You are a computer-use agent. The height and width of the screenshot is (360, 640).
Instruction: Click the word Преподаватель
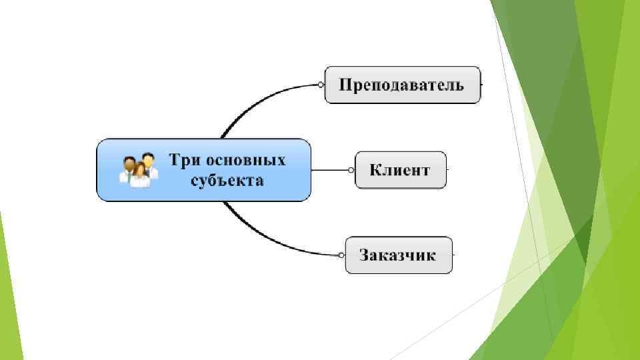click(401, 85)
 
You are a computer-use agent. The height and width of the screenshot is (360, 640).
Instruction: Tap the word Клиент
click(400, 169)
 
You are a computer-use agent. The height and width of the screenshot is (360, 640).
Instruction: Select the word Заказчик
click(397, 255)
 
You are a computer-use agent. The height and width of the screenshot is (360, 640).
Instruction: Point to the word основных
click(246, 160)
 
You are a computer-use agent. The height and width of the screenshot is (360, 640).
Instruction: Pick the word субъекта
click(227, 180)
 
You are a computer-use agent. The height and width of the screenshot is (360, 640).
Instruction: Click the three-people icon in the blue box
click(139, 170)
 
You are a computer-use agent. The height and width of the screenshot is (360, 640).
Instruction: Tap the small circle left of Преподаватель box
click(321, 85)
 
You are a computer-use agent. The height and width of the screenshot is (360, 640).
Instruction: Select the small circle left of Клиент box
click(351, 170)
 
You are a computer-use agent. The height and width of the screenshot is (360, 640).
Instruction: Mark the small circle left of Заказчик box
click(341, 255)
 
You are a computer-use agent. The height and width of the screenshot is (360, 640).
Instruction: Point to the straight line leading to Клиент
click(330, 170)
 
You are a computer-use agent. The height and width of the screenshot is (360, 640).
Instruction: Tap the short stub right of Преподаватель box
click(482, 85)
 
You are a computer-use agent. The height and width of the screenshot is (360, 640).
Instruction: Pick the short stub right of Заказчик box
click(454, 255)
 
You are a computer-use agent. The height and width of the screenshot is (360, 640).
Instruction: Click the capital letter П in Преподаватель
click(345, 85)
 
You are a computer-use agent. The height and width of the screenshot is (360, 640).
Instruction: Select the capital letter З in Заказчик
click(365, 255)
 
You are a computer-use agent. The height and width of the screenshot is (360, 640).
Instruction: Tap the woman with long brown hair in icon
click(140, 175)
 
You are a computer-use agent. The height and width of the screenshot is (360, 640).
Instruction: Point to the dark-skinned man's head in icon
click(129, 162)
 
